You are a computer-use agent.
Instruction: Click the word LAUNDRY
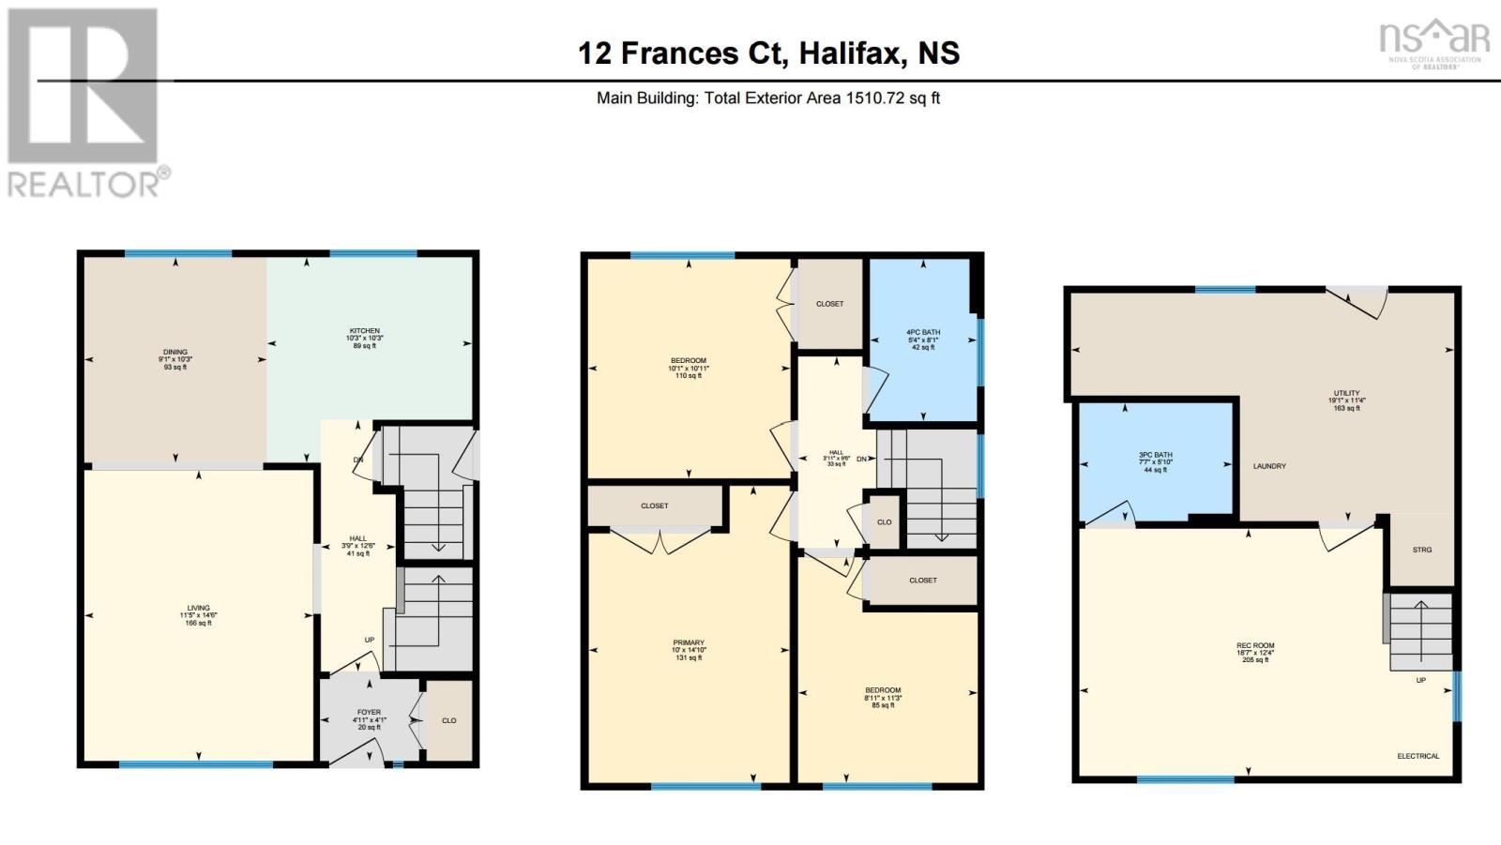point(1269,466)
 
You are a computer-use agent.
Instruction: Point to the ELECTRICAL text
point(1418,756)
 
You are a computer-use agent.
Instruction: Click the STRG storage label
point(1422,550)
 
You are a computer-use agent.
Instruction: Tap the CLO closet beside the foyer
point(448,720)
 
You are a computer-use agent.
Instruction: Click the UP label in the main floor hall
point(370,640)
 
